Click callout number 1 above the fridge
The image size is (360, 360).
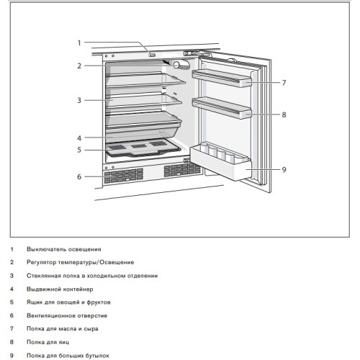tap(80, 42)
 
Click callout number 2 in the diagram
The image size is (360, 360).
tap(80, 66)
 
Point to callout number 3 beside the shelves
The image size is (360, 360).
tap(80, 100)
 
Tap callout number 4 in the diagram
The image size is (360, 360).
tap(80, 137)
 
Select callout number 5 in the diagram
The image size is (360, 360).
tap(80, 150)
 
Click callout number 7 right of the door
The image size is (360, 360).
tap(284, 83)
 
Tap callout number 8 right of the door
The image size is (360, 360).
tap(284, 114)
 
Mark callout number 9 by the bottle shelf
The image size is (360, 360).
tap(284, 170)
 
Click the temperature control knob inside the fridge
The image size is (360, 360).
tap(180, 66)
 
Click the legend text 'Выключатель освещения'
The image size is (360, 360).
tap(64, 248)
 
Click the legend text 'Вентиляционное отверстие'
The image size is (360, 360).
tap(68, 315)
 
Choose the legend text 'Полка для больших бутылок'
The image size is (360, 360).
tap(68, 355)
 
